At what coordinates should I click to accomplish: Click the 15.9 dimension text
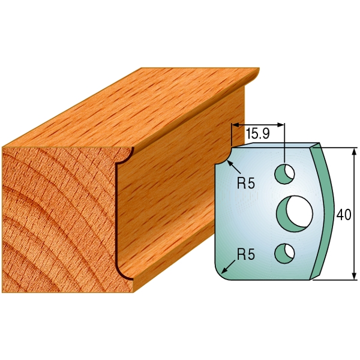coord(257,134)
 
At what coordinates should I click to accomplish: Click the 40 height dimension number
coord(344,215)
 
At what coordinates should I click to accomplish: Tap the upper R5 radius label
coord(246,184)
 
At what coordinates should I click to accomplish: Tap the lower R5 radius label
coord(246,254)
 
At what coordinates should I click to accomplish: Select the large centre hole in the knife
coord(295,214)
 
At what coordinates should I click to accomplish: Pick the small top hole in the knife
coord(284,174)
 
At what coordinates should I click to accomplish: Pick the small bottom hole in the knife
coord(284,253)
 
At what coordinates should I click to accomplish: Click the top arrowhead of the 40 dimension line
coord(354,151)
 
